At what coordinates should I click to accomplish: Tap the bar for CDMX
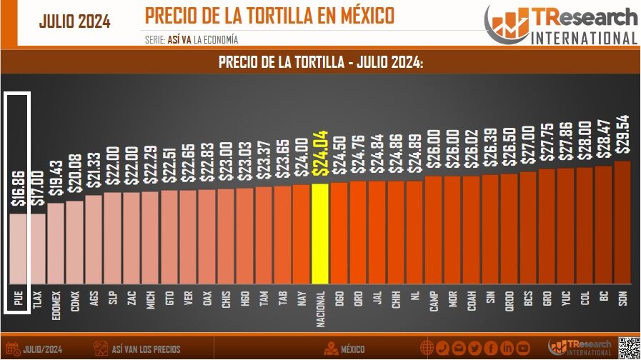pos(75,243)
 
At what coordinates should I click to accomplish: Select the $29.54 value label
pos(622,134)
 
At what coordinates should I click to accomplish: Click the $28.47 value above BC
pos(604,139)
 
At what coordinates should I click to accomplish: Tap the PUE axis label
pos(19,299)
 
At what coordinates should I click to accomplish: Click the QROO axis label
pos(510,302)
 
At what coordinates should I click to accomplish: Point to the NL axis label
pos(415,297)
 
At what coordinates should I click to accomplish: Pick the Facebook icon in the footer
pos(491,349)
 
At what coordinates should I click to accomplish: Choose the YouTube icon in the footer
pos(524,349)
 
